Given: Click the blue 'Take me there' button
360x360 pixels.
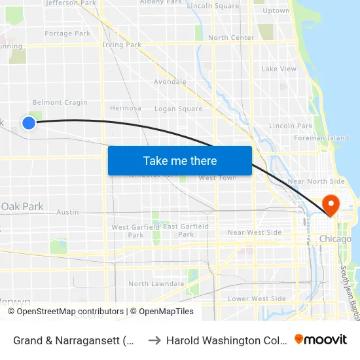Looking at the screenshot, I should tap(180, 160).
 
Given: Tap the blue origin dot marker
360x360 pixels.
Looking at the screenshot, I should tap(28, 122).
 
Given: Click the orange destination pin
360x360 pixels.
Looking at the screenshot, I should tap(331, 206).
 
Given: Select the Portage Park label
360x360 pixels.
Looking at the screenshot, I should tap(67, 33).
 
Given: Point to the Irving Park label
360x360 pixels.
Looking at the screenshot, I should tap(122, 45).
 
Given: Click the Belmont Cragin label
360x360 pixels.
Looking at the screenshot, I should tap(60, 103).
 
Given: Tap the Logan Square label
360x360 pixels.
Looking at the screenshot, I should tap(178, 109).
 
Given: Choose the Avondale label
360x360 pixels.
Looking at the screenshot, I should tap(170, 82).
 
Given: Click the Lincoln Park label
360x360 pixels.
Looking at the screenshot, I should tap(291, 126).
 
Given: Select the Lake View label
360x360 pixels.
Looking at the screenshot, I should tap(279, 69).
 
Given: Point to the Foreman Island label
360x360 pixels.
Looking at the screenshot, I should tap(321, 138).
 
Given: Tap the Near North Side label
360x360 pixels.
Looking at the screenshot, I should tap(316, 181).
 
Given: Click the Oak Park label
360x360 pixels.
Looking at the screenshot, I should tap(22, 207).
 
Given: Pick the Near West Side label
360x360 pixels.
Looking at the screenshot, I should tap(255, 232).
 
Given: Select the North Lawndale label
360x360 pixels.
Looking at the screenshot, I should tap(156, 284).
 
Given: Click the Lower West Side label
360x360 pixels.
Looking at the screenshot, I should tap(257, 299).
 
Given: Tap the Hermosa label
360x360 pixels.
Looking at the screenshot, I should tap(126, 108).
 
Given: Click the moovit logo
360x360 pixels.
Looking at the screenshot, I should tap(321, 339).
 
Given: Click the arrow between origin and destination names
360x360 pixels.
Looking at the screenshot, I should tap(154, 340).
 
